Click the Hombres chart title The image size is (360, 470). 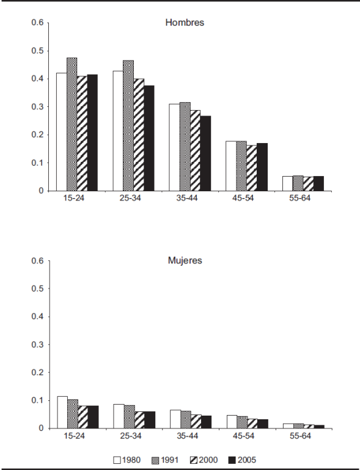coord(185,23)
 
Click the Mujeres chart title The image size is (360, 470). coord(185,260)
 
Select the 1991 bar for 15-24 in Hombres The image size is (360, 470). coord(72,124)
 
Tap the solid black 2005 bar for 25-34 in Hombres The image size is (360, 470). coord(149,138)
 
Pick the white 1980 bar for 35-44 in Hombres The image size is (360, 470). coord(174,147)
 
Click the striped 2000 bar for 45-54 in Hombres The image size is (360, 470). coord(252,168)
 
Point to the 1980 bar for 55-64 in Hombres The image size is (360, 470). coord(287,183)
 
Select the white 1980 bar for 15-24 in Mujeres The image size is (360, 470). coord(62,412)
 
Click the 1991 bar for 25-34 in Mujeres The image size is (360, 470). coord(129,417)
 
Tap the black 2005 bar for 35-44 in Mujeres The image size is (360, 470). coord(206,422)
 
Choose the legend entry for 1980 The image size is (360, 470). coord(127,460)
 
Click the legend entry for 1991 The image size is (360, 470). coord(165,460)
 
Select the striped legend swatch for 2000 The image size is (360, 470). coord(194,460)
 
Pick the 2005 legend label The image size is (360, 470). coord(247,460)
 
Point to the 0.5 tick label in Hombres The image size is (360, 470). coord(37,51)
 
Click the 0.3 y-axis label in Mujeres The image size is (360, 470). coord(37,345)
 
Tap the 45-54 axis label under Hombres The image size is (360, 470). coord(243,198)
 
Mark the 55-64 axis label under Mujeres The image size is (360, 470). coord(300,436)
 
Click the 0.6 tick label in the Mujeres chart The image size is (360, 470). coord(37,260)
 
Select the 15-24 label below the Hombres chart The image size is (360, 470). coord(74,198)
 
